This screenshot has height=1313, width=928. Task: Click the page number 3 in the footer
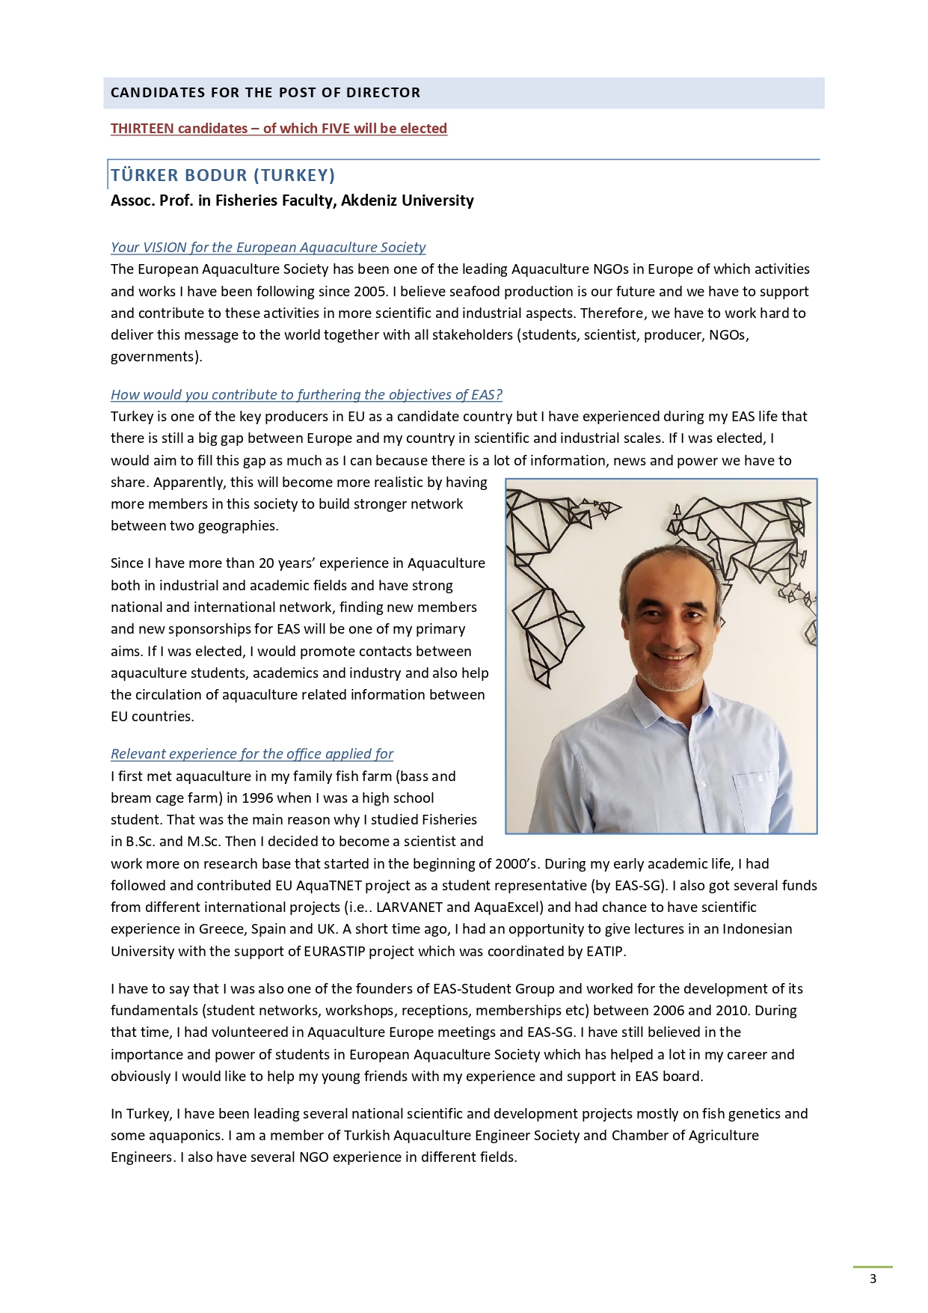point(873,1279)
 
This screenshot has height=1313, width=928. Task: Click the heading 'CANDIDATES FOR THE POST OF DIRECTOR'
point(265,93)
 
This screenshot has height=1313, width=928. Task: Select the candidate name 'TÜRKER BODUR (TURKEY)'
point(223,175)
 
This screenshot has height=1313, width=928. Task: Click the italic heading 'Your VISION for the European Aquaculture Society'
point(268,248)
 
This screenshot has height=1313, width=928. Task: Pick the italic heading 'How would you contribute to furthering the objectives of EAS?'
point(307,395)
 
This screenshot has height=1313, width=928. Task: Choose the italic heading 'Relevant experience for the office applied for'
point(252,754)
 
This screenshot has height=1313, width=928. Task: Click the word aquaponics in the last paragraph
point(187,1136)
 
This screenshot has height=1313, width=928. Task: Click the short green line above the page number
point(873,1267)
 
